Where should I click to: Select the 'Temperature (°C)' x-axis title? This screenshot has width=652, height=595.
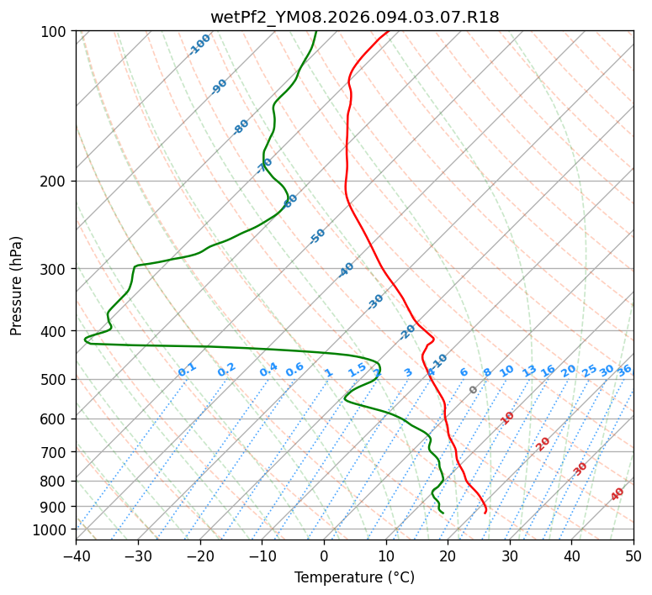coord(354,577)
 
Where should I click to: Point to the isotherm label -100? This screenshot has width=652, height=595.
coord(199,45)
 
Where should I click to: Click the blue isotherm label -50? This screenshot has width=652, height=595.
coord(317,236)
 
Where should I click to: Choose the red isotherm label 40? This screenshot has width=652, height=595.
coord(618,494)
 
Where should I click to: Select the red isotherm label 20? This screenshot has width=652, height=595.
coord(543,443)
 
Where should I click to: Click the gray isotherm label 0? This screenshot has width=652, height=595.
coord(474,390)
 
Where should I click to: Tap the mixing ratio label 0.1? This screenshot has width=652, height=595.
coord(187,370)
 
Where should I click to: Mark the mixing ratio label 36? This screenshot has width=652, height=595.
coord(624,370)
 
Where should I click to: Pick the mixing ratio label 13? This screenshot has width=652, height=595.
coord(529,371)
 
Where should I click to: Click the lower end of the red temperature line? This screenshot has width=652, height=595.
coord(485,512)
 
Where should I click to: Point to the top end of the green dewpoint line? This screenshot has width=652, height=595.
coord(315,31)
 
